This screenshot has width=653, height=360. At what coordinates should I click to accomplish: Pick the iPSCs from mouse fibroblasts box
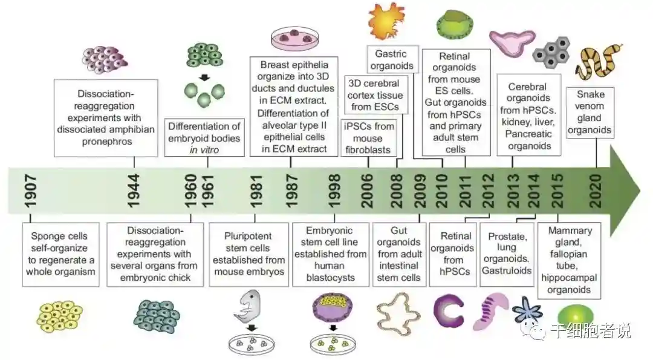(369, 137)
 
